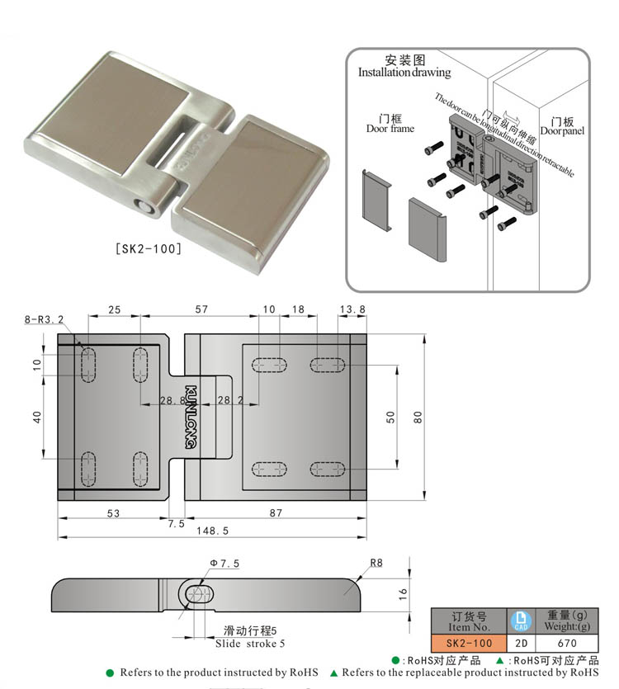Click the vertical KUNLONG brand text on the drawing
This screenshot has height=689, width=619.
[x=191, y=417]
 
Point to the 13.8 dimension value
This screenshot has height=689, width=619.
[x=352, y=309]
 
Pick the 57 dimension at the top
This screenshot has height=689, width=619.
[x=201, y=309]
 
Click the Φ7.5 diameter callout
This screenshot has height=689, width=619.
[x=224, y=564]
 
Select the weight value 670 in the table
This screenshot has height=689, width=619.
[x=566, y=643]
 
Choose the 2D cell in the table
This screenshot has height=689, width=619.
[x=520, y=643]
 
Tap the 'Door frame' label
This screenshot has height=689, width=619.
[x=390, y=128]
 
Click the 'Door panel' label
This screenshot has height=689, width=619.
[x=562, y=130]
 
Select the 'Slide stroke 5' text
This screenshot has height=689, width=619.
[x=250, y=643]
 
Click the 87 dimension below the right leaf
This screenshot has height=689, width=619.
[x=276, y=513]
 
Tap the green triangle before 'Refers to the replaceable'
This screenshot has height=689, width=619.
[x=334, y=672]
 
